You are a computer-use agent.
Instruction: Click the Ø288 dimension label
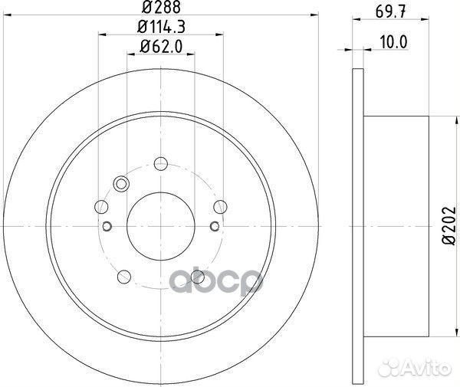tap(159, 9)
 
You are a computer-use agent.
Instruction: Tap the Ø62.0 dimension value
tap(159, 48)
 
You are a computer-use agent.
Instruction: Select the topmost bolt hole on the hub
tap(160, 162)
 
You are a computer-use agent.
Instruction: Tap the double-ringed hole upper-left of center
tap(120, 183)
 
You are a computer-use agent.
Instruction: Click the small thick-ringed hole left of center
tap(107, 225)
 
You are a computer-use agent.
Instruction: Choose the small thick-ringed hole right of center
tap(214, 225)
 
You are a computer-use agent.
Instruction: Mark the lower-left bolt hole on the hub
tap(122, 277)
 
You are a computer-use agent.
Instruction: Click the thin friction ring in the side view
tap(357, 225)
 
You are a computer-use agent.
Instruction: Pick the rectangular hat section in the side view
tap(396, 225)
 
